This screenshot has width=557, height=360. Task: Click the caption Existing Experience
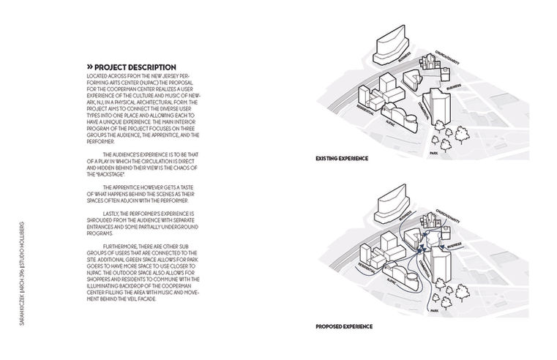[x=342, y=158]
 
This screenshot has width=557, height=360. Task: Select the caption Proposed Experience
[x=343, y=326]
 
